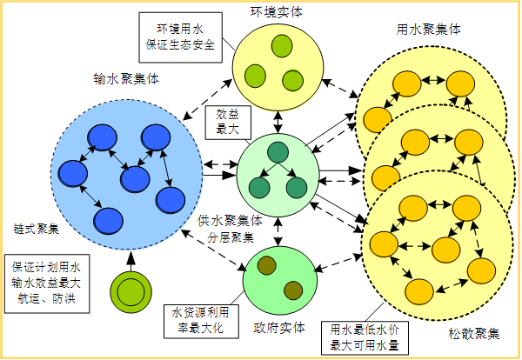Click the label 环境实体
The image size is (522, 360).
click(276, 10)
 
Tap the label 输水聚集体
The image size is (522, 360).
click(126, 77)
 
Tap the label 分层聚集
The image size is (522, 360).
click(231, 236)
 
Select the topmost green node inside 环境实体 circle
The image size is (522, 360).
click(281, 44)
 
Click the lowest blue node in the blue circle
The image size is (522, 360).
click(108, 219)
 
